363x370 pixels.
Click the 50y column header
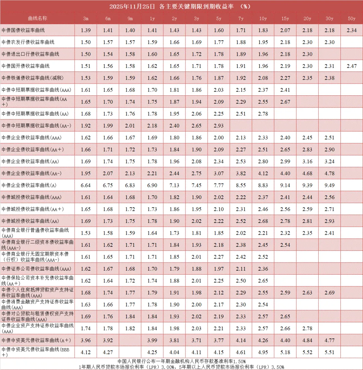pyautogui.click(x=352, y=18)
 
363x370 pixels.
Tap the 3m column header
pyautogui.click(x=86, y=18)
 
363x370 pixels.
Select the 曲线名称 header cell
pyautogui.click(x=37, y=18)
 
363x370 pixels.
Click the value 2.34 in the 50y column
pyautogui.click(x=352, y=30)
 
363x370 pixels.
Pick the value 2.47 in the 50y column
pyautogui.click(x=352, y=66)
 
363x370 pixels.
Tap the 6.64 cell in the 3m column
pyautogui.click(x=86, y=185)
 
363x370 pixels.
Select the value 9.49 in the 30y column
pyautogui.click(x=329, y=185)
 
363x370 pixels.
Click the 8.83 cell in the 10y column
pyautogui.click(x=263, y=185)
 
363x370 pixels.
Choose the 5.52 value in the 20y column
pyautogui.click(x=307, y=352)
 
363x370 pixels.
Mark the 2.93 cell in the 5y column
pyautogui.click(x=218, y=126)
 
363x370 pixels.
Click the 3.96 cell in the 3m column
pyautogui.click(x=86, y=340)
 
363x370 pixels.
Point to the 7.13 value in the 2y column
pyautogui.click(x=174, y=185)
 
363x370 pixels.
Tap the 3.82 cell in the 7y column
pyautogui.click(x=241, y=173)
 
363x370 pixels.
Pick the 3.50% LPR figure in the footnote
pyautogui.click(x=278, y=367)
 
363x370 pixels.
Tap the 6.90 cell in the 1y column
pyautogui.click(x=152, y=185)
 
